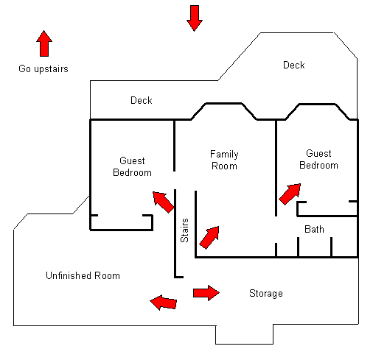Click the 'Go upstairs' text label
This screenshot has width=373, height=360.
click(43, 69)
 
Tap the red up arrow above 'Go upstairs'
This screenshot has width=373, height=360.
click(44, 43)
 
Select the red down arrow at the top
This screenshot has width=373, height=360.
click(195, 18)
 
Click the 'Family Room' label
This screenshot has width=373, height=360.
click(224, 160)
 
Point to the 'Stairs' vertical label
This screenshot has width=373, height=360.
click(184, 230)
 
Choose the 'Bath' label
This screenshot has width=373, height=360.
click(314, 229)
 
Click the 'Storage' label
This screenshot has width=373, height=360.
click(266, 294)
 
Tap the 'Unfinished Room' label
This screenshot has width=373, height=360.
click(83, 275)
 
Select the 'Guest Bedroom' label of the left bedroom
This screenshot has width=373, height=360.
click(132, 166)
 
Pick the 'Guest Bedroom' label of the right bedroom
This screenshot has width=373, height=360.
click(318, 159)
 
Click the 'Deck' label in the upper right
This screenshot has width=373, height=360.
click(294, 65)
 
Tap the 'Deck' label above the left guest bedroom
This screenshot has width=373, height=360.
click(142, 100)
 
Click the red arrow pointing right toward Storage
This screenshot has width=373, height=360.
click(206, 293)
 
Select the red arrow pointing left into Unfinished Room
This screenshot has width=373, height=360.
click(164, 303)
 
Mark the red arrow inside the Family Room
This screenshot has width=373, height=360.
click(209, 238)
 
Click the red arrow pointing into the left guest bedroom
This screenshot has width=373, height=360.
click(164, 202)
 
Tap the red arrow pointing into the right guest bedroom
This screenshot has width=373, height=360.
click(290, 194)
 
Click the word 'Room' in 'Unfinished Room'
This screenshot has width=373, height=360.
click(107, 275)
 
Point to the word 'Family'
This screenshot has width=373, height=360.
click(224, 155)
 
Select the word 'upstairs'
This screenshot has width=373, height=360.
click(51, 69)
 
